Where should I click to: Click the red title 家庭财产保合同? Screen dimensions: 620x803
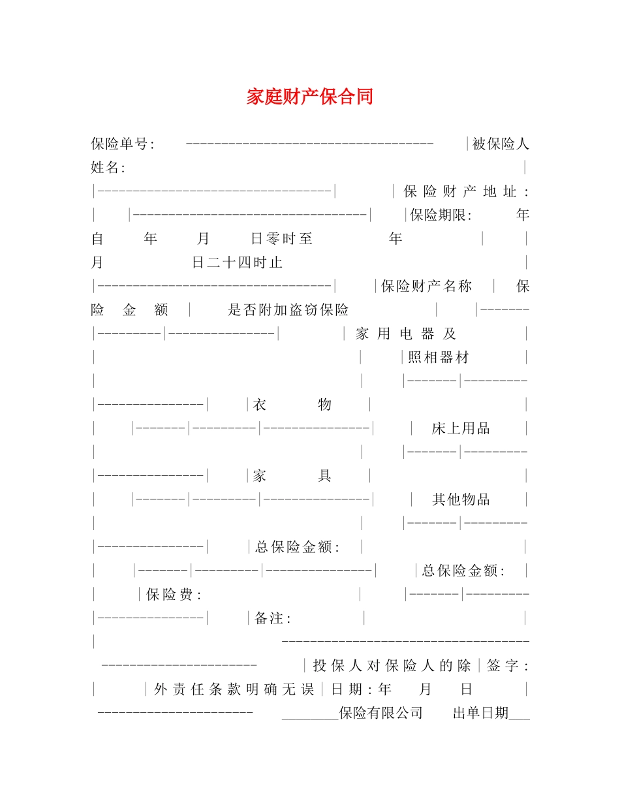point(309,97)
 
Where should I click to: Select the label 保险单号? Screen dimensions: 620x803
point(123,144)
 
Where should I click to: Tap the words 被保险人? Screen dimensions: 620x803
point(501,144)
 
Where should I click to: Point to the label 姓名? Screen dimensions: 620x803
point(108,168)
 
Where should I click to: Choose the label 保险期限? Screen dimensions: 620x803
point(441,215)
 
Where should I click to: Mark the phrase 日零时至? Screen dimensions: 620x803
point(282,239)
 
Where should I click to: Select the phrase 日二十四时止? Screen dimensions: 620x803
point(238,262)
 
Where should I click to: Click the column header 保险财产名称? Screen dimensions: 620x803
point(427,286)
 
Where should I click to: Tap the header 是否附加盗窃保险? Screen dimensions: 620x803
point(288,310)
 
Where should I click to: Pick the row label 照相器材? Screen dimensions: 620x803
point(439,357)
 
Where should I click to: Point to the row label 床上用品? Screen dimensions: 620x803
point(461,428)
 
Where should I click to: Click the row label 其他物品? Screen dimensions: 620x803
point(461,499)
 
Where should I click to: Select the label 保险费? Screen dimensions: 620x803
point(174,594)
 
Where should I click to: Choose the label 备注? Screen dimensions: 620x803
point(273,618)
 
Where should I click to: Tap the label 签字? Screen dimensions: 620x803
point(508,665)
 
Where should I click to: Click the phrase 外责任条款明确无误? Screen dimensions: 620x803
point(234,689)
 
